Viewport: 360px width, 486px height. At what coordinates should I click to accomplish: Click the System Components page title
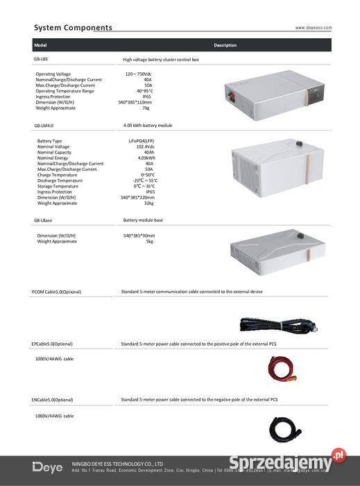pos(73,28)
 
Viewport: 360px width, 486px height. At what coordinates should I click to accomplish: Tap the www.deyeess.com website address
pos(314,28)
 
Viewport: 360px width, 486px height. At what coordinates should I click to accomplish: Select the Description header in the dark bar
pos(225,45)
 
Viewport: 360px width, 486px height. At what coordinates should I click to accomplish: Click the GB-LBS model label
pos(41,60)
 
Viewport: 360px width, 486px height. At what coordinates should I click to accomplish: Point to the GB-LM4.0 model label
pos(44,126)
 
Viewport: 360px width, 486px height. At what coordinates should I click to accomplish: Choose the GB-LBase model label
pos(43,220)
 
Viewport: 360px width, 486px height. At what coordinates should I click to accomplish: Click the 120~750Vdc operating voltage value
pos(138,74)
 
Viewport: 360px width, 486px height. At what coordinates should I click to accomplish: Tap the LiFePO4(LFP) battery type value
pos(137,141)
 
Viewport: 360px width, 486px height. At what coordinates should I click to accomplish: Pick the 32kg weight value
pos(148,203)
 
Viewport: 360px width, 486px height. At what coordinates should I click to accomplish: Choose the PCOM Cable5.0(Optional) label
pos(56,292)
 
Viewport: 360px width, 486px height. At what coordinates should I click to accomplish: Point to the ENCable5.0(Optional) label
pos(52,400)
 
